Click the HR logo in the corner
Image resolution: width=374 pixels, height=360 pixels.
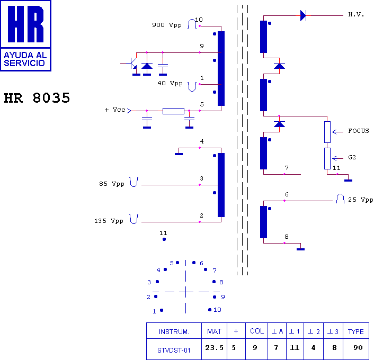25,35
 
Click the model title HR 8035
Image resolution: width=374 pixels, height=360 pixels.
37,98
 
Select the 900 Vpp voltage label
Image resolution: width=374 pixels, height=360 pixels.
166,25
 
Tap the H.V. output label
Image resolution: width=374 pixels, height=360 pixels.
356,14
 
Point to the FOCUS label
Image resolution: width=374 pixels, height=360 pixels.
359,131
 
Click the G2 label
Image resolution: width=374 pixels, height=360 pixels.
352,157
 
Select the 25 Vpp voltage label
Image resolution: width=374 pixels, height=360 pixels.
360,200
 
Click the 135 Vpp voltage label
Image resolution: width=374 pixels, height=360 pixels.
108,221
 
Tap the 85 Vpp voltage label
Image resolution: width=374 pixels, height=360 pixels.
111,184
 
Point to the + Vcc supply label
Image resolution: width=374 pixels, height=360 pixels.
116,110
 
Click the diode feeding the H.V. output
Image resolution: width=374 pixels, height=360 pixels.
303,15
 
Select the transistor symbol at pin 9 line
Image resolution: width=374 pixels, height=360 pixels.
132,63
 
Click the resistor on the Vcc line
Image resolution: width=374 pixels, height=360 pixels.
173,111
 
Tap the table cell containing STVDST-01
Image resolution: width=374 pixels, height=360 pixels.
174,349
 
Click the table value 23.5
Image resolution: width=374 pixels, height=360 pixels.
214,348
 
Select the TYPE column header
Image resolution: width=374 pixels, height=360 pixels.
355,331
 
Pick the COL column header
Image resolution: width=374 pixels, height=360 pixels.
257,331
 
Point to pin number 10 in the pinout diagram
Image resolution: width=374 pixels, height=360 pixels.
217,310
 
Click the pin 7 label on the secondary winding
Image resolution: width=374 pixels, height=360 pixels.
286,168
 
